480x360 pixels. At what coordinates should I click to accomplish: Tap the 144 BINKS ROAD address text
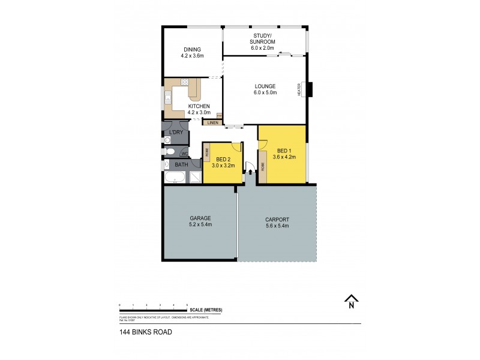[x=142, y=331]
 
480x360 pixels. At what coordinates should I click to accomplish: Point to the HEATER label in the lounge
[x=299, y=89]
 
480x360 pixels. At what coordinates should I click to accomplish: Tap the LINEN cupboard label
[x=212, y=123]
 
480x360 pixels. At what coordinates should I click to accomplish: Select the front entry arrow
[x=250, y=172]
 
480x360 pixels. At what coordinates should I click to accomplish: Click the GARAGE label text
[x=199, y=218]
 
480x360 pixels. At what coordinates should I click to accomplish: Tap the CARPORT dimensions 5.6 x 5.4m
[x=277, y=226]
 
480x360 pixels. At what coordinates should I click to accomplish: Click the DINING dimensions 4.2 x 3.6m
[x=192, y=56]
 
